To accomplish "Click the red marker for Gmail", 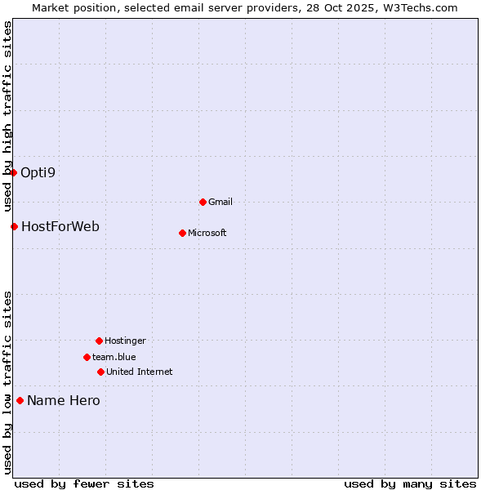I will coord(203,202).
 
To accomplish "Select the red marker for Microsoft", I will coord(182,233).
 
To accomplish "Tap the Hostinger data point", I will coord(99,341).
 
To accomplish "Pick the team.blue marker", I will coord(87,357).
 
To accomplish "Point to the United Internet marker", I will coord(100,372).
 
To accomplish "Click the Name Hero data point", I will coord(20,400).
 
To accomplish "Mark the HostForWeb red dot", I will coord(14,226).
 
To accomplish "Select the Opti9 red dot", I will coord(13,172).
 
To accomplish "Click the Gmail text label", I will coord(220,202).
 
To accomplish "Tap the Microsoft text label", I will coord(207,233).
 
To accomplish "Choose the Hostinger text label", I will coord(125,341).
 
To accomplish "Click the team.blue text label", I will coord(114,357).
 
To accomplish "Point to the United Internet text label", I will coord(140,372).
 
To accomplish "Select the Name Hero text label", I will coord(64,400).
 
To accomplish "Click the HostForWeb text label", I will coord(60,226).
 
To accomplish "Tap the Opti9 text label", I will coord(38,172).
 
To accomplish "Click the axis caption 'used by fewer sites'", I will coord(84,483).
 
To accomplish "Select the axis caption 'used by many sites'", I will coord(410,483).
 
